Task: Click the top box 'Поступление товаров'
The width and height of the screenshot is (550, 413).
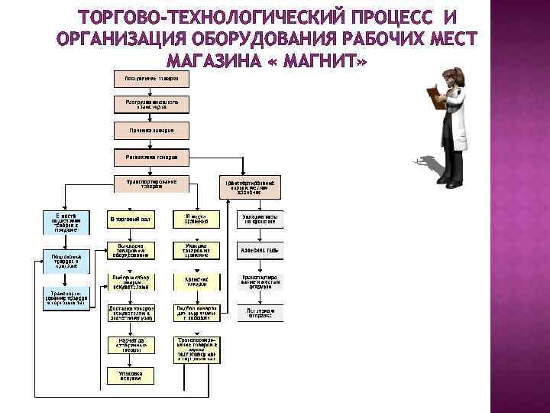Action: click(146, 79)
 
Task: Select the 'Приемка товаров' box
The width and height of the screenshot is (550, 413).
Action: click(146, 130)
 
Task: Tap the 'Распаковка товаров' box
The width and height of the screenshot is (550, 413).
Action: click(146, 158)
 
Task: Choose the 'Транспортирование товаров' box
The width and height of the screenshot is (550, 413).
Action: click(146, 184)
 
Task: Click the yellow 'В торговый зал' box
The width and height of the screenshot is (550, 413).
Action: click(131, 220)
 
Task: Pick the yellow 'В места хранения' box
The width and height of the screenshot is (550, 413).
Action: click(196, 220)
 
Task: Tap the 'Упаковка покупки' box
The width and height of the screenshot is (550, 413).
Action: click(131, 375)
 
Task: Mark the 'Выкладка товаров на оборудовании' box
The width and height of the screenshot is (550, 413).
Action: click(131, 250)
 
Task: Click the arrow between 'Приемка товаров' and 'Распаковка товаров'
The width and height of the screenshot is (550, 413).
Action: click(146, 144)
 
